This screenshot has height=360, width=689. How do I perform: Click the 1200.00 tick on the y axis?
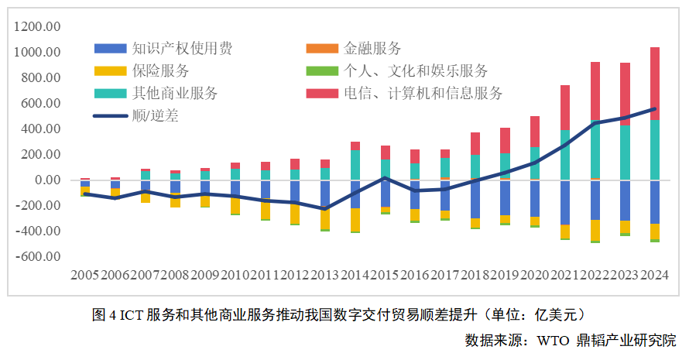point(42,27)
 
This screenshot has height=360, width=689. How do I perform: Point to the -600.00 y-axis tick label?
point(40,257)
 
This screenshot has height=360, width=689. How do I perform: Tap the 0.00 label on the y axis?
point(48,180)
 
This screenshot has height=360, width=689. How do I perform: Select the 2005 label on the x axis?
point(84,275)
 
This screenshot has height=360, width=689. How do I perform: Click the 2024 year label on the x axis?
point(654,275)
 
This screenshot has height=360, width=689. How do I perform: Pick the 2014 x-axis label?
point(355,275)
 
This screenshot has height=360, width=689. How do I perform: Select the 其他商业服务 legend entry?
point(174,94)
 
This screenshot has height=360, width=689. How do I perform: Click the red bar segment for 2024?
point(655,84)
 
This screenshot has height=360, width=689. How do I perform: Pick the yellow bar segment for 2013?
point(325,218)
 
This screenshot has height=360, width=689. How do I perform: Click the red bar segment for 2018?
point(475,143)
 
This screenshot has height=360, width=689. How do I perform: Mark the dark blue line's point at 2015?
point(385,178)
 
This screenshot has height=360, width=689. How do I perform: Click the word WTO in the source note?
point(554,340)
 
